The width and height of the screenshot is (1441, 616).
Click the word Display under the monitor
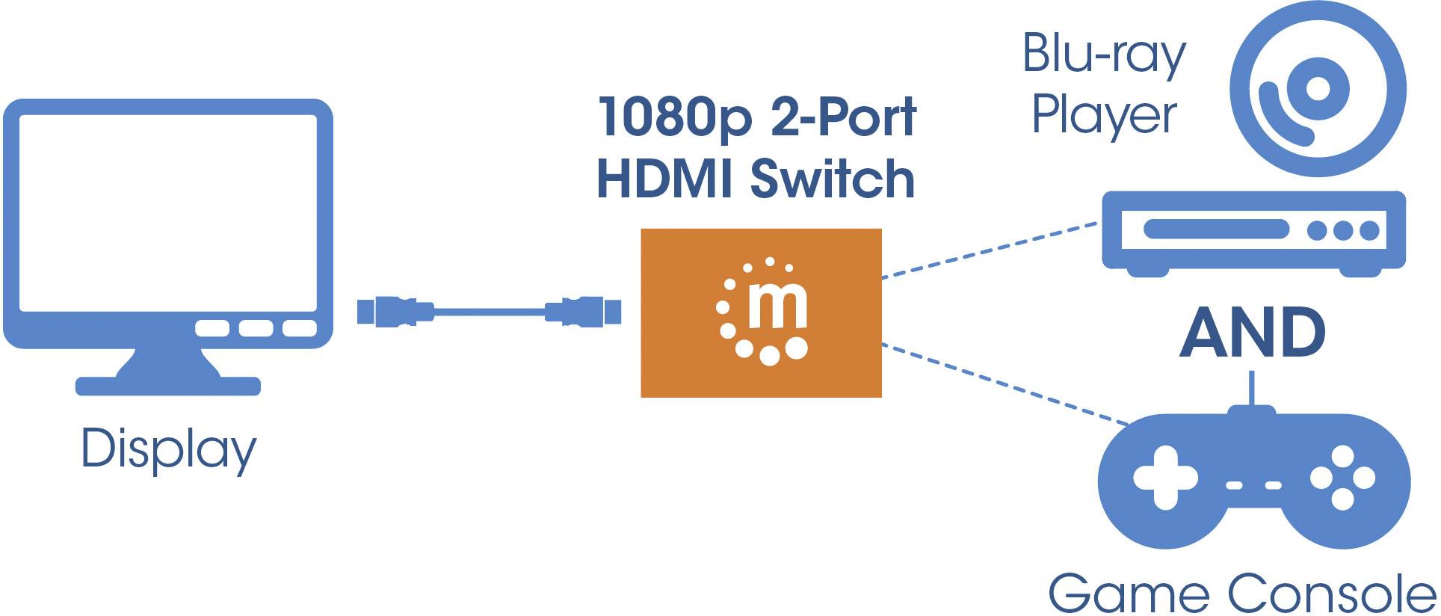tap(168, 449)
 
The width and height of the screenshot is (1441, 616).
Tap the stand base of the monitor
tap(168, 386)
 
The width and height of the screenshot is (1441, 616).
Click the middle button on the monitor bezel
tap(256, 328)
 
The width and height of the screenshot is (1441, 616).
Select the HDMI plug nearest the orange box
tap(584, 311)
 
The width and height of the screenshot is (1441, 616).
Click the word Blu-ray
tap(1103, 55)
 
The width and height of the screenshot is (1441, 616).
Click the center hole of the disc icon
tap(1317, 89)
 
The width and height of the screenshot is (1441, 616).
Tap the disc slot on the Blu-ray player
tap(1215, 229)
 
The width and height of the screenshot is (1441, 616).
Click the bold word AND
tap(1253, 333)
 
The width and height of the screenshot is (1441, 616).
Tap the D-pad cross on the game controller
tap(1165, 478)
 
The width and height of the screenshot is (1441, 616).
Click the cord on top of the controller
tap(1253, 389)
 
